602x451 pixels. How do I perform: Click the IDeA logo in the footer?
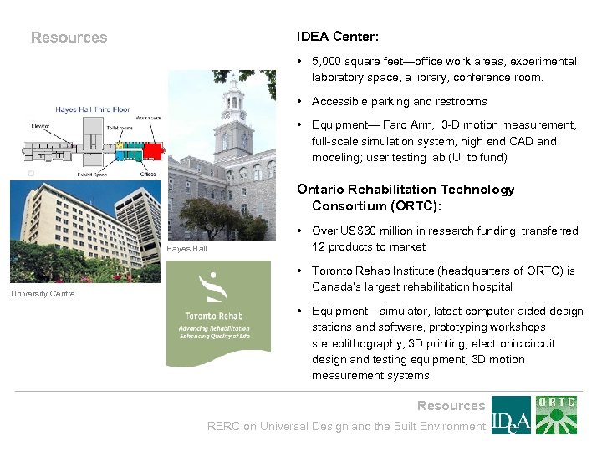[510, 415]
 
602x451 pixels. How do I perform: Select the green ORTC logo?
[556, 415]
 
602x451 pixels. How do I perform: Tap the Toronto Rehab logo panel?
[219, 315]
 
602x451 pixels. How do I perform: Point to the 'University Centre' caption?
[43, 293]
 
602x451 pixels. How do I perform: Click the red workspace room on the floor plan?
[152, 150]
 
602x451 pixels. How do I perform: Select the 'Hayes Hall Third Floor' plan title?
[94, 109]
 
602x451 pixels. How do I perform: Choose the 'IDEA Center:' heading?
[337, 37]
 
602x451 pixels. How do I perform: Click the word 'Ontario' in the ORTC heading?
[319, 190]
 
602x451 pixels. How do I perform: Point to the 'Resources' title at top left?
[69, 37]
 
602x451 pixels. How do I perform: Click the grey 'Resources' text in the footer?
[451, 406]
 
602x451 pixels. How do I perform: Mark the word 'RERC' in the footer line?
[223, 426]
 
